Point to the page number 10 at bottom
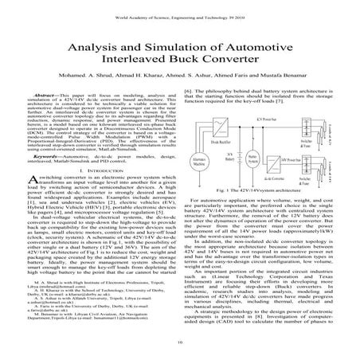[x=180, y=344]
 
